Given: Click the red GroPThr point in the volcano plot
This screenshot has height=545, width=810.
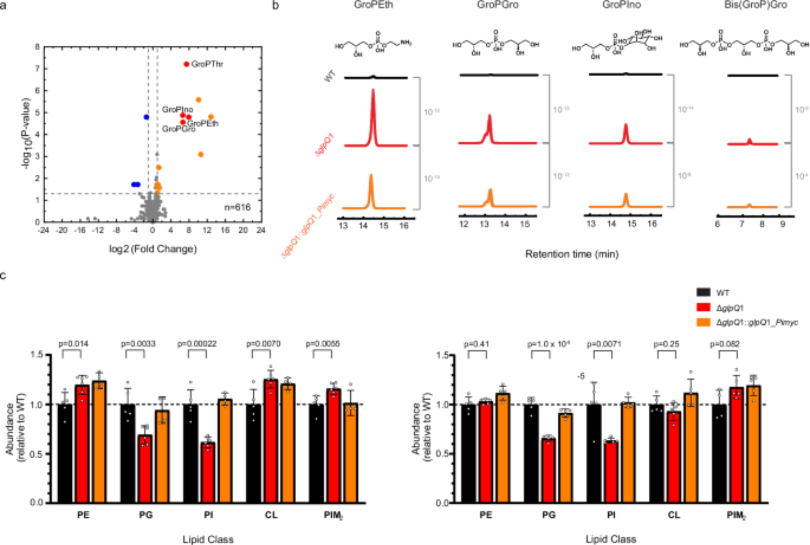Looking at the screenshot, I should (186, 64).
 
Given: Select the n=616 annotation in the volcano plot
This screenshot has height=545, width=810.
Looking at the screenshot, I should (238, 207).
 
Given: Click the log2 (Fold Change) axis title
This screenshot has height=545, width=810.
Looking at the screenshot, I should (153, 249).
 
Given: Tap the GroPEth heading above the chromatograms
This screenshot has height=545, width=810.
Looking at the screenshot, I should (373, 5).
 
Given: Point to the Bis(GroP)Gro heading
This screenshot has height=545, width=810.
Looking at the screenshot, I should (756, 5).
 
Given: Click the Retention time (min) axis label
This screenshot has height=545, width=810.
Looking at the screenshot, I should (571, 254).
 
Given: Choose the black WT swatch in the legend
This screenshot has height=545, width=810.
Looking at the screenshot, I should (703, 292).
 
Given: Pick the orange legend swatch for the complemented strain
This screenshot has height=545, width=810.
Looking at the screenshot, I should (703, 322).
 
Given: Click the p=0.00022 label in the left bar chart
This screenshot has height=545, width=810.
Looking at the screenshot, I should (197, 344).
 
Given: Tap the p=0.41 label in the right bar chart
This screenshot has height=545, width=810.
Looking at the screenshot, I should (477, 344).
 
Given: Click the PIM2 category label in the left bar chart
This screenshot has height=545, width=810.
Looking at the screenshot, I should (333, 515).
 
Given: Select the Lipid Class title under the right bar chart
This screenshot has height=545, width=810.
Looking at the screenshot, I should (611, 539).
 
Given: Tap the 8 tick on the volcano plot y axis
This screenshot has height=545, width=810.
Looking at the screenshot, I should (38, 47).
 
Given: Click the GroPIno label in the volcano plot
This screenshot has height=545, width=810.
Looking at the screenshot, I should (177, 109).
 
